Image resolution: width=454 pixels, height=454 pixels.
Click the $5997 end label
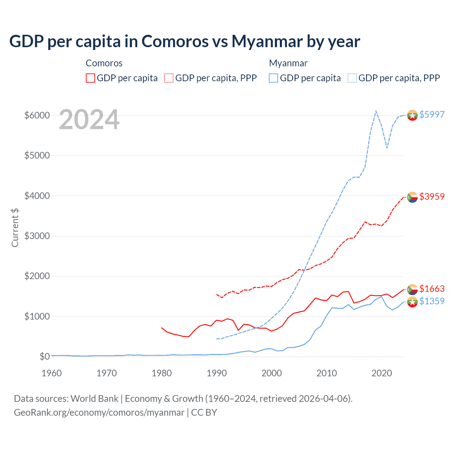432,115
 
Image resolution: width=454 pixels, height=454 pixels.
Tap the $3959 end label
432,196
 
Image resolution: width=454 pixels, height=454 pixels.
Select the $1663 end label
432,289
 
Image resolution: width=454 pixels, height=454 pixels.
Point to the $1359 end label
432,301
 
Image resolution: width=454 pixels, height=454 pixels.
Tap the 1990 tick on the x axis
216,373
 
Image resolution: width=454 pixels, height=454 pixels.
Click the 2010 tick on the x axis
326,373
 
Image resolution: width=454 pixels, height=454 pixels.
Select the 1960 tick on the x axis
52,373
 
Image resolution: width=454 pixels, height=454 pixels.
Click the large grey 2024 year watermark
89,120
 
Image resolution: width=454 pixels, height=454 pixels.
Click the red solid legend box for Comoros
90,78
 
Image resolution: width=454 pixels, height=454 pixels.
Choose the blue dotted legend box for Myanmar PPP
352,78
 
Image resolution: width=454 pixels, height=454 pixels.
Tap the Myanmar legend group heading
288,63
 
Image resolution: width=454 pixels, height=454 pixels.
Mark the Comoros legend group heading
104,63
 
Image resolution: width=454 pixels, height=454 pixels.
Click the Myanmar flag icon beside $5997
412,115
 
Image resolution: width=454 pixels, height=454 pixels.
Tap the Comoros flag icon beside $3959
412,197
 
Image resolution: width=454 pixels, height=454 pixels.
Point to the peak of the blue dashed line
376,111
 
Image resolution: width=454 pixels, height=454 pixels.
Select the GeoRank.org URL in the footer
99,413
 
